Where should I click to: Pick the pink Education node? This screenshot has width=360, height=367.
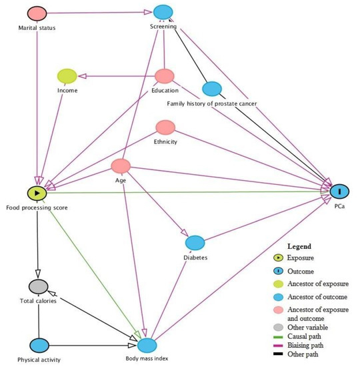tap(165, 77)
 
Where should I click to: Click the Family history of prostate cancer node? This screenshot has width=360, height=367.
tap(211, 88)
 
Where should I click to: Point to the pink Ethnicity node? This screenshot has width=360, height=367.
tap(165, 127)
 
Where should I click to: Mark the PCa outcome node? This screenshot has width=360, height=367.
tap(339, 192)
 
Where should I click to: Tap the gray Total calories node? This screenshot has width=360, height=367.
tap(37, 287)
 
